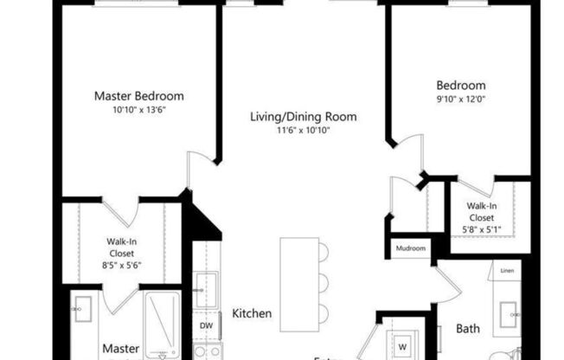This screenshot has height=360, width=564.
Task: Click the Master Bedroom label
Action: click(138, 96)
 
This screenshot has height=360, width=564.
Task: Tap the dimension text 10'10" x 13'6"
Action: click(138, 110)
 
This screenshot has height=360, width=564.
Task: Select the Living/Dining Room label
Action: click(303, 117)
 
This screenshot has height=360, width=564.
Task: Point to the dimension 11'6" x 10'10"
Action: click(303, 131)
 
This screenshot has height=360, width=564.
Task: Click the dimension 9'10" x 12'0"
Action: click(460, 99)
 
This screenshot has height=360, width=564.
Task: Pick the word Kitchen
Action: click(253, 313)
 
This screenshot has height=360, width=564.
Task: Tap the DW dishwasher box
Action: click(206, 326)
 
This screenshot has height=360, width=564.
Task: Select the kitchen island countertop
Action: click(298, 280)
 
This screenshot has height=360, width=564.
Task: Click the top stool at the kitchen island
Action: click(323, 253)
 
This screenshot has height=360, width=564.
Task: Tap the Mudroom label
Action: click(411, 248)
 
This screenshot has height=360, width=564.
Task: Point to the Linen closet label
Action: click(507, 271)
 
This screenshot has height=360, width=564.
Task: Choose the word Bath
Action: click(468, 329)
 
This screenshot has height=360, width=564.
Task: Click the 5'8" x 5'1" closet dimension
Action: click(483, 229)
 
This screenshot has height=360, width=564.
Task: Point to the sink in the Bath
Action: click(507, 313)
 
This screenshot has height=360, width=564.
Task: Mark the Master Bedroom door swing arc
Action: click(200, 160)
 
